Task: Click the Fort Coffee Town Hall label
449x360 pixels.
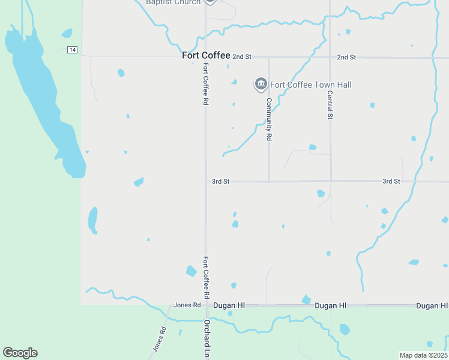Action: (x=310, y=85)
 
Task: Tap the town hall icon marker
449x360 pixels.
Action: (x=261, y=85)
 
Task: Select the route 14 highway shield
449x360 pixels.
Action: (x=73, y=50)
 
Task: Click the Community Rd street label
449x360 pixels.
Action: (x=270, y=119)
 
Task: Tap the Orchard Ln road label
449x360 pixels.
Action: (x=206, y=338)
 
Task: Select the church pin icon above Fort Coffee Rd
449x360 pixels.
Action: (x=209, y=1)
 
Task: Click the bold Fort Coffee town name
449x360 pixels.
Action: (x=206, y=55)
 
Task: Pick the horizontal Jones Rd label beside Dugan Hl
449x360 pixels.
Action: (x=187, y=305)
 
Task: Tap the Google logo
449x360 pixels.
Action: (x=20, y=353)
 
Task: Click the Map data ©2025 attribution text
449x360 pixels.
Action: (x=423, y=355)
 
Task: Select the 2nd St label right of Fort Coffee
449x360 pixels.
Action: (x=242, y=56)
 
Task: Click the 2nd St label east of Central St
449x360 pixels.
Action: (x=346, y=57)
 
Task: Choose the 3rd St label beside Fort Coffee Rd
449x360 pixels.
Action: (x=221, y=181)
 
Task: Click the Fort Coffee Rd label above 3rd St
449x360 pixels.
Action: (x=205, y=84)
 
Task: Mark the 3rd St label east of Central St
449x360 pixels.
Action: (x=391, y=181)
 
